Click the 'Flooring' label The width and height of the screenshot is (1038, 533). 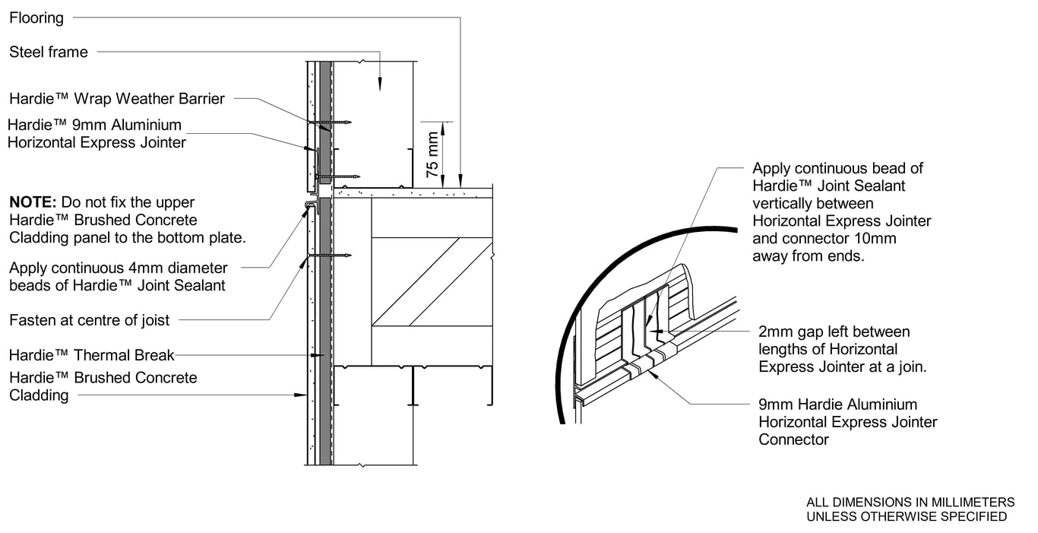[x=36, y=17]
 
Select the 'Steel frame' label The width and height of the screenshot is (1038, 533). [x=49, y=52]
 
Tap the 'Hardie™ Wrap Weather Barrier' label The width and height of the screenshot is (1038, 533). [x=117, y=99]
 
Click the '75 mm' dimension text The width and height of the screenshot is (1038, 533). [x=432, y=154]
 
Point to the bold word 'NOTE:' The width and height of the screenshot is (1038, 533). [x=33, y=203]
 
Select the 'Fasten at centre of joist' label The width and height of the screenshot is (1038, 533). [x=90, y=320]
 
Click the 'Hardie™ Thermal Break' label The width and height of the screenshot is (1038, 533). [x=92, y=355]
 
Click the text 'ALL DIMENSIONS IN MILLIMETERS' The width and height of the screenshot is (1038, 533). [x=910, y=502]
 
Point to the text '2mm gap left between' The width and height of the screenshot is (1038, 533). [x=834, y=332]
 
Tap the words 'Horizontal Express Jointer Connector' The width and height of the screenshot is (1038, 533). [x=847, y=430]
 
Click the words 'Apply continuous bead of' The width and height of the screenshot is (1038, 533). [x=837, y=168]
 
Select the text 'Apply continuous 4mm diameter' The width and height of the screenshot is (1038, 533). [x=118, y=268]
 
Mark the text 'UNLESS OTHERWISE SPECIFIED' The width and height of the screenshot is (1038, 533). [x=906, y=516]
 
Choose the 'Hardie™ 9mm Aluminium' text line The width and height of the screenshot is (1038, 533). [x=95, y=125]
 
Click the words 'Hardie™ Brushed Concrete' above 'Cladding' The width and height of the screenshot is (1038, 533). [x=103, y=378]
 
